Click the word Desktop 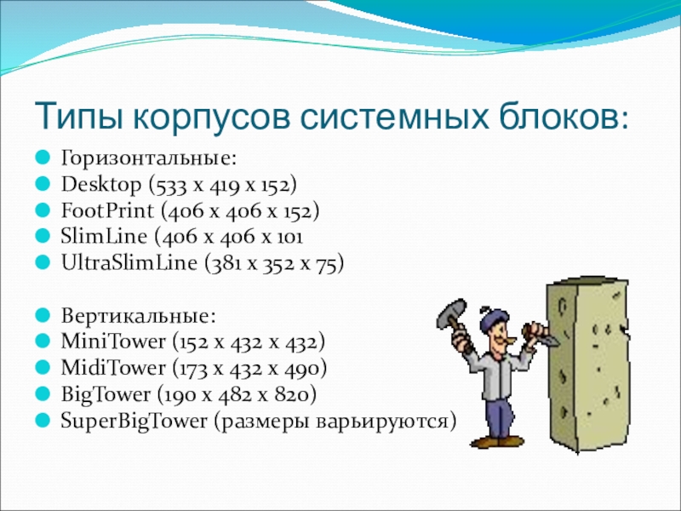pyautogui.click(x=101, y=185)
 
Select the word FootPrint pyautogui.click(x=107, y=210)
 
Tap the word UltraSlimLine pyautogui.click(x=129, y=263)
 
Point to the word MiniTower pyautogui.click(x=113, y=342)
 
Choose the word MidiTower pyautogui.click(x=113, y=368)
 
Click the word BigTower pyautogui.click(x=106, y=394)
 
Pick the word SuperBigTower pyautogui.click(x=134, y=421)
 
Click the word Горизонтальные pyautogui.click(x=148, y=158)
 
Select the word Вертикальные pyautogui.click(x=138, y=315)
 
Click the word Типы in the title pyautogui.click(x=78, y=117)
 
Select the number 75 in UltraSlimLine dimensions pyautogui.click(x=326, y=263)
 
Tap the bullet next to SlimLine pyautogui.click(x=43, y=236)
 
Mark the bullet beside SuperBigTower pyautogui.click(x=43, y=420)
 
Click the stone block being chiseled pyautogui.click(x=587, y=365)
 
